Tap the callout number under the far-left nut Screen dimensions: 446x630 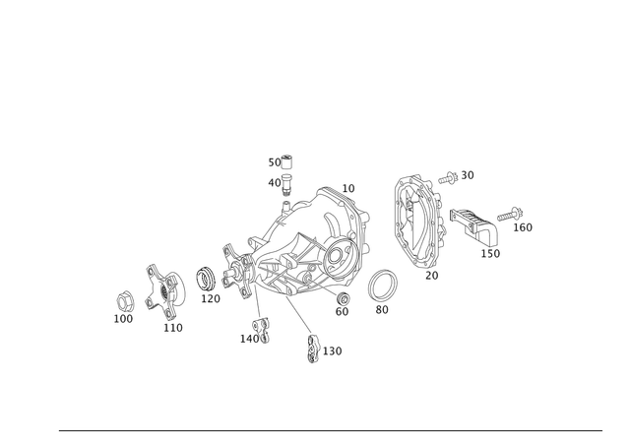point(124,319)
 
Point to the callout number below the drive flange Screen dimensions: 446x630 point(174,327)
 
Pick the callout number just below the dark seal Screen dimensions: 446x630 point(210,298)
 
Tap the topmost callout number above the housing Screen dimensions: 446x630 point(282,159)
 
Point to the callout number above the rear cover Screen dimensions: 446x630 point(456,175)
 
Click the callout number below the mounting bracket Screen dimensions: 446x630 point(491,254)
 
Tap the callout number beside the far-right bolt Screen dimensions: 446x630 point(527,227)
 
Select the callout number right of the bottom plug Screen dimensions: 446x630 point(335,350)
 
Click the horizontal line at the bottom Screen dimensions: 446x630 point(330,431)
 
